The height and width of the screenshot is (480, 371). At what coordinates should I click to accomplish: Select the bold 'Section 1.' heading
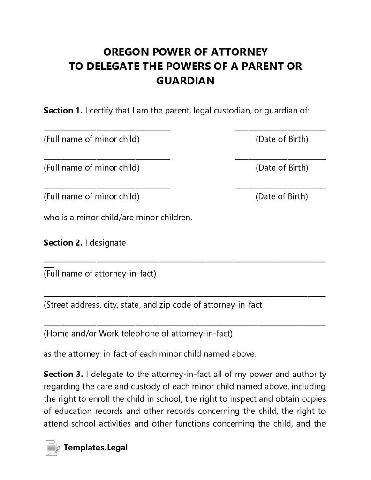(63, 111)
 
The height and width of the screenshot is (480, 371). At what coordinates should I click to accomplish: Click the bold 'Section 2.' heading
(63, 243)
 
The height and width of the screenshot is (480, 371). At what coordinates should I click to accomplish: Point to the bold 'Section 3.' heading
(63, 374)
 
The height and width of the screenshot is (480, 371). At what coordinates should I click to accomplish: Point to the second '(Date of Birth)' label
(282, 168)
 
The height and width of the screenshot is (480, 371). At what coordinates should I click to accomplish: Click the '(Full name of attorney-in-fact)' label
(99, 274)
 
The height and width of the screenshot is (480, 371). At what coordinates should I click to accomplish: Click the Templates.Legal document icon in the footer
(52, 448)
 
